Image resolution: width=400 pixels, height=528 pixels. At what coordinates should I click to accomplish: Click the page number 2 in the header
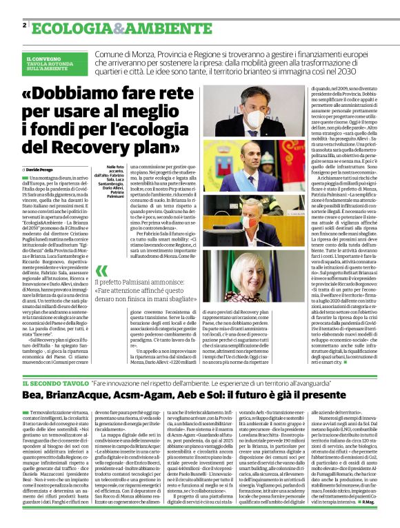(25, 26)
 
